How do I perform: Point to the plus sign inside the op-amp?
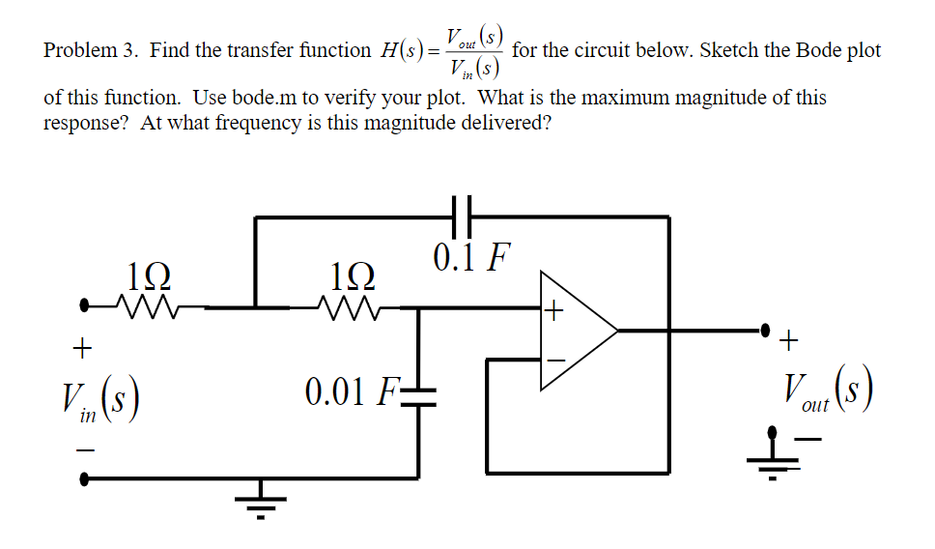[552, 311]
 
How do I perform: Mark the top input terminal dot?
[87, 308]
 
